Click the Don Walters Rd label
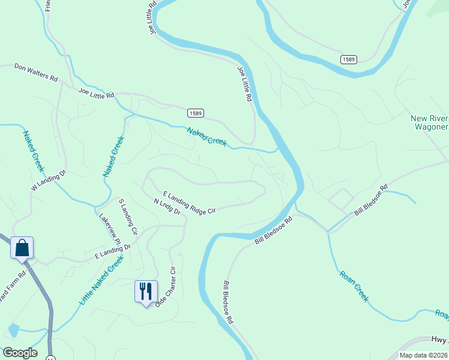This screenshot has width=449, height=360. pos(36,73)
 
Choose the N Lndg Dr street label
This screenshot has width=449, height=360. pos(167,207)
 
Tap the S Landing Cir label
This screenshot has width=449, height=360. pos(128,217)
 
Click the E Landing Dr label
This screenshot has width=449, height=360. pos(112,251)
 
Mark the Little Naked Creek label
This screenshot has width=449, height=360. pos(101,278)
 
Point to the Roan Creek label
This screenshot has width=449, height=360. pos(354,286)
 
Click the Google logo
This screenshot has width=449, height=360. pos(20,353)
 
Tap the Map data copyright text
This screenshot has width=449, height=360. pos(424,355)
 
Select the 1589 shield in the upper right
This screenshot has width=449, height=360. pos(348,59)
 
